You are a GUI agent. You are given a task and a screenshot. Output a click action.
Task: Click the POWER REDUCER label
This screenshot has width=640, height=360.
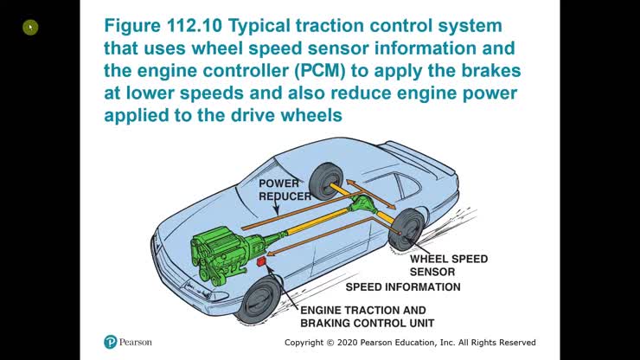(x=285, y=190)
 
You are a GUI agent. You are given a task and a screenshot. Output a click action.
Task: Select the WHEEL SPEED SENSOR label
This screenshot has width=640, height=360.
(x=448, y=265)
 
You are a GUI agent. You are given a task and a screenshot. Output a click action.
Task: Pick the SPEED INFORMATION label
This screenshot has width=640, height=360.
(x=403, y=286)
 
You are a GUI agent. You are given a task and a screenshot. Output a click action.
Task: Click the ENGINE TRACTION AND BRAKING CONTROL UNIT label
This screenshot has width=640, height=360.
(x=362, y=317)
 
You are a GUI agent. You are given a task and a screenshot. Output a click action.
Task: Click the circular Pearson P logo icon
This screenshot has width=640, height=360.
(x=110, y=342)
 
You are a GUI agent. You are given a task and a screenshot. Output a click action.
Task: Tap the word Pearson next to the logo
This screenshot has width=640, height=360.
(x=136, y=342)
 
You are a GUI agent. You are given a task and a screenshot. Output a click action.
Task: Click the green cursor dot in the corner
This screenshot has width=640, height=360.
(x=30, y=28)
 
